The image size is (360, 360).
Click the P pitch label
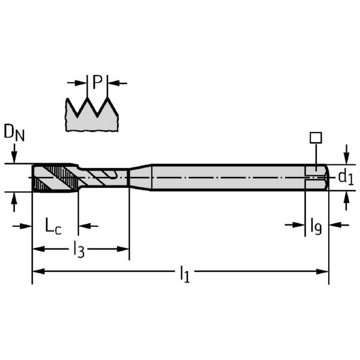click(97, 82)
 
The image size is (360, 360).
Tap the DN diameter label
click(14, 133)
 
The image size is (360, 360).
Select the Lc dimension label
click(53, 226)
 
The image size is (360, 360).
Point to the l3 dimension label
click(79, 249)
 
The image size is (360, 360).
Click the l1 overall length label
click(185, 274)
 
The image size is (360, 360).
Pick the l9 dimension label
click(316, 226)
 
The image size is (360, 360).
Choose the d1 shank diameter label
click(346, 177)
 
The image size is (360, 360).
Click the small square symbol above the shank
click(316, 138)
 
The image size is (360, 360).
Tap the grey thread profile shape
click(92, 115)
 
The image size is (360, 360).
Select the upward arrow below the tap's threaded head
click(14, 202)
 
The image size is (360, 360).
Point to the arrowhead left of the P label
click(80, 83)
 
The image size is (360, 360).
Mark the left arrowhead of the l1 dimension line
click(38, 272)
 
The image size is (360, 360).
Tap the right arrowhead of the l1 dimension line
click(322, 272)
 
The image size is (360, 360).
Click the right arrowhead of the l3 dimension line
click(123, 249)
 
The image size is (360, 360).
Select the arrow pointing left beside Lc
click(88, 226)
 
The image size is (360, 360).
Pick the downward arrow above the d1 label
click(346, 154)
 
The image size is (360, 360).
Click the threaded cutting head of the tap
click(55, 178)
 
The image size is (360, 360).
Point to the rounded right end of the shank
click(327, 177)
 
